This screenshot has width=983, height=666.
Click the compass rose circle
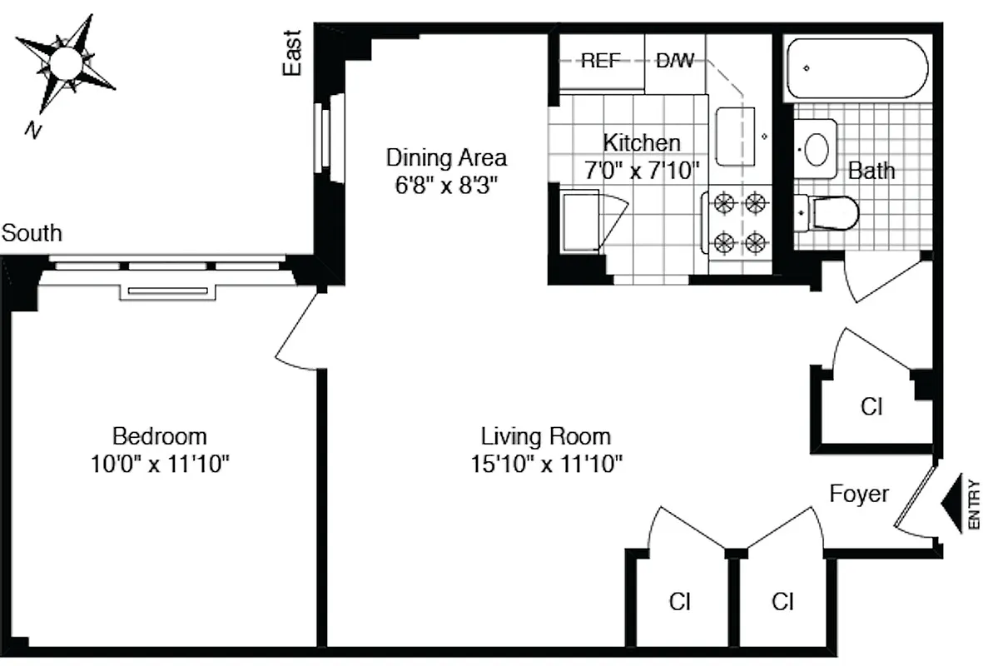tap(65, 63)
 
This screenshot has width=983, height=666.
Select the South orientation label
tap(32, 233)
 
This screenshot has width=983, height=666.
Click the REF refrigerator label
tap(601, 61)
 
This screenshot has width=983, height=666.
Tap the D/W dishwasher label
tap(675, 61)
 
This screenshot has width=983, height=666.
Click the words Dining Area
tap(446, 157)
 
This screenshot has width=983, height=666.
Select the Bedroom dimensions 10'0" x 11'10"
tap(160, 464)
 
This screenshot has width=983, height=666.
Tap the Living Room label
tap(546, 436)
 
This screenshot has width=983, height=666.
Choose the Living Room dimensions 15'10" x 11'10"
tap(546, 464)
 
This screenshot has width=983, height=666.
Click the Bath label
tap(871, 171)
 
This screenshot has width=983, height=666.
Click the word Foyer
tap(859, 494)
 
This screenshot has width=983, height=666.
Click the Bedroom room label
tap(160, 435)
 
